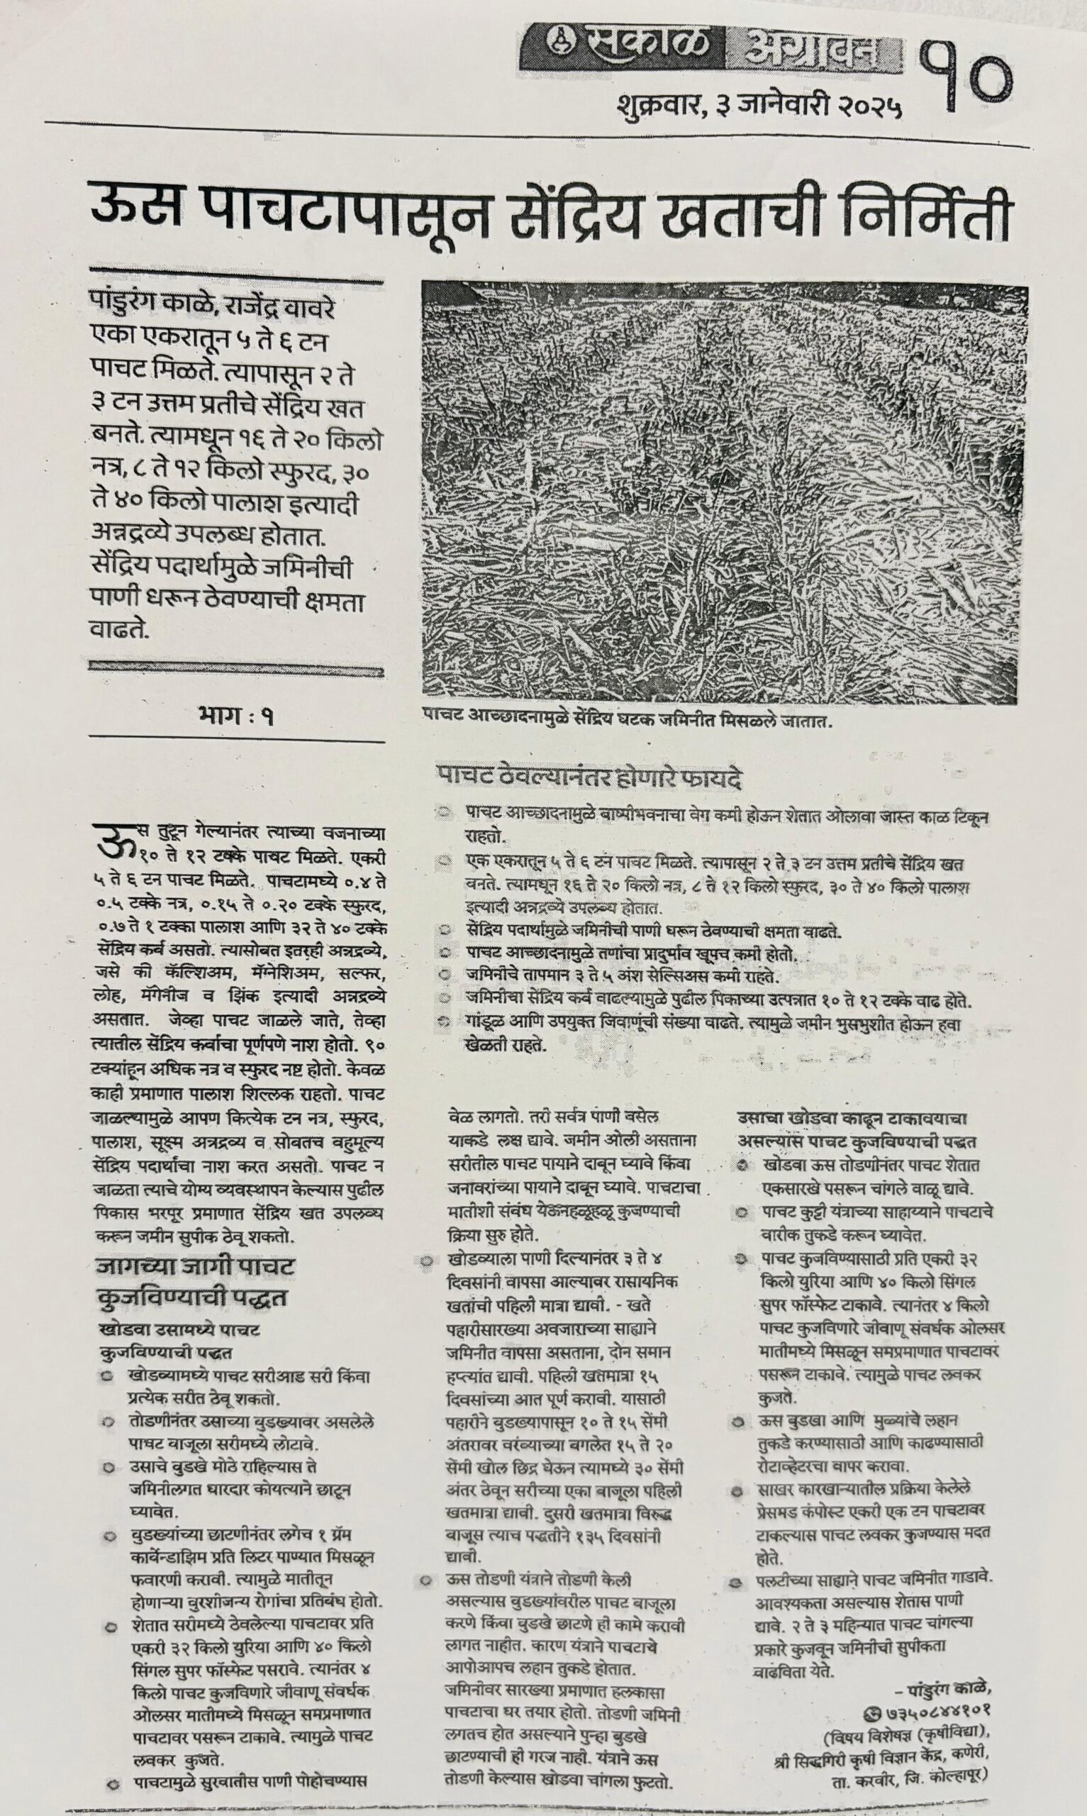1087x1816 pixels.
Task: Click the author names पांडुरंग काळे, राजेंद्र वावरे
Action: point(213,302)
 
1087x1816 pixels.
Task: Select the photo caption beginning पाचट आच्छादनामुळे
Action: point(628,721)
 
